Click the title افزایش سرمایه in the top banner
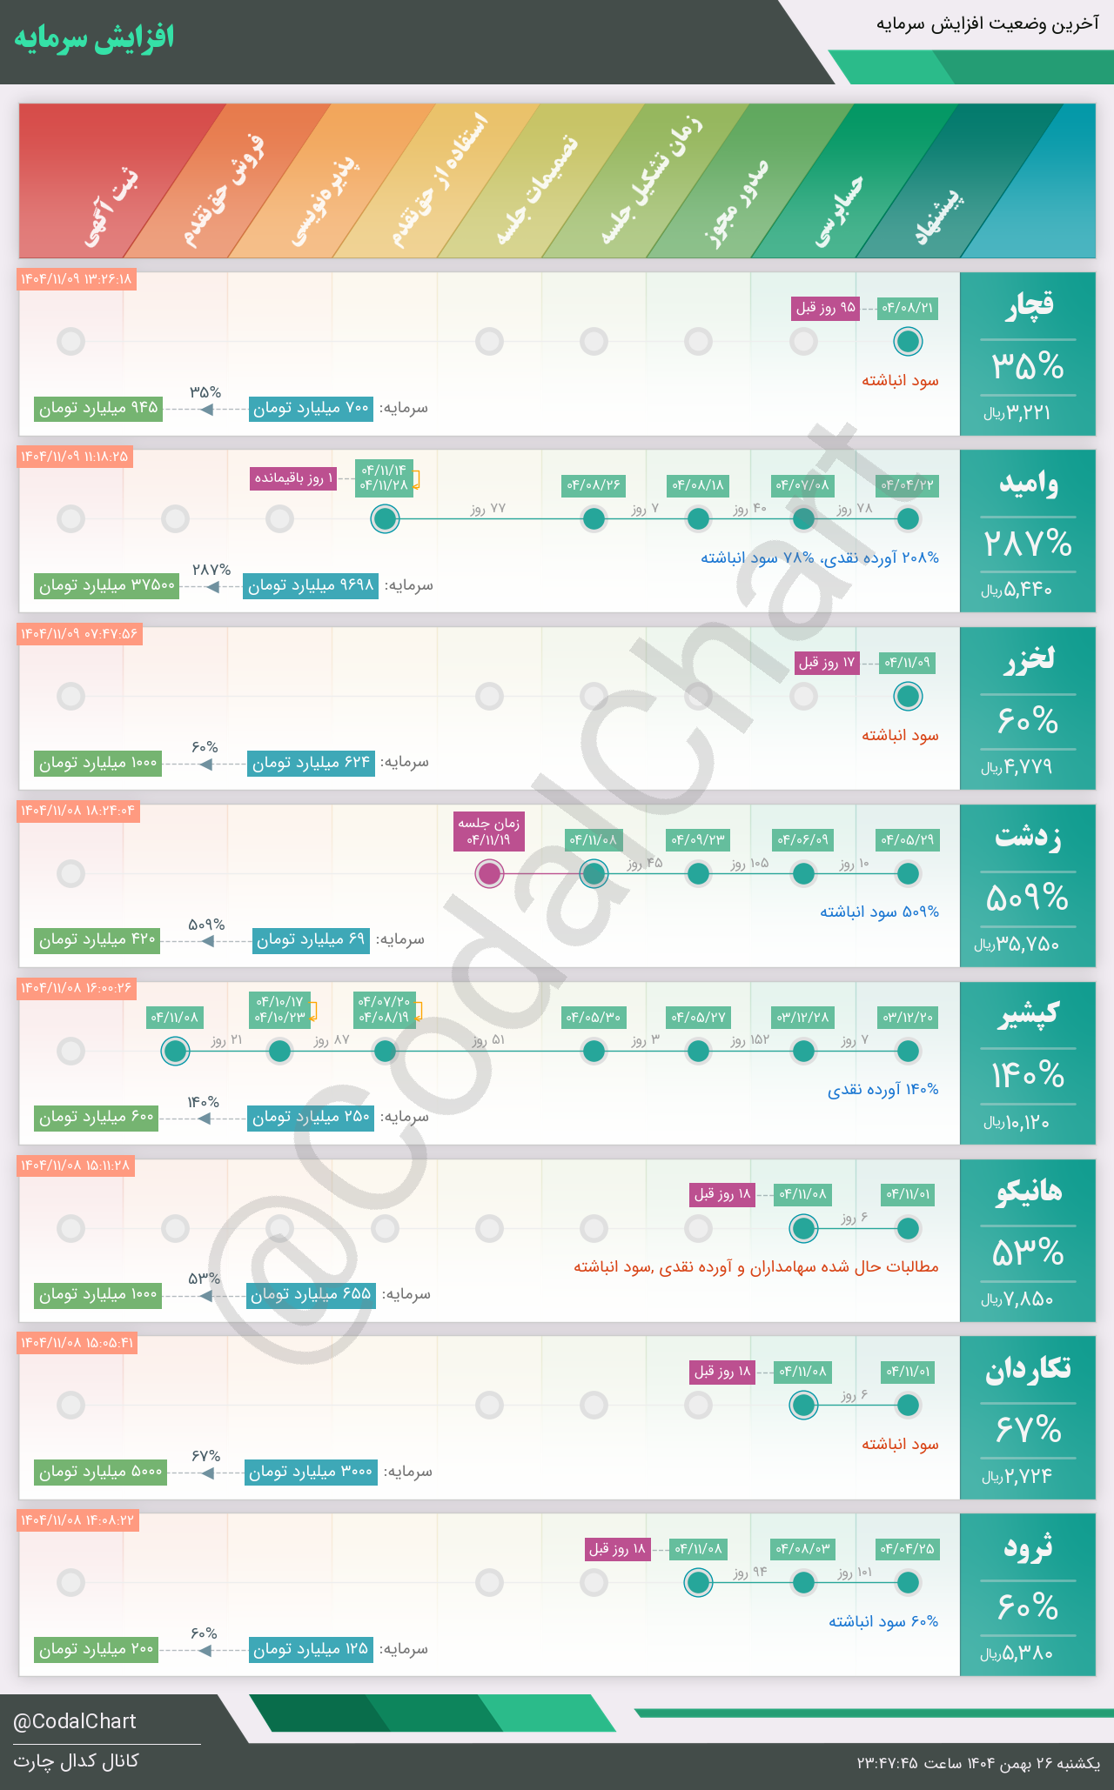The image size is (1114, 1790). tap(94, 38)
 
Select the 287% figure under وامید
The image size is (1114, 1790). tap(1028, 544)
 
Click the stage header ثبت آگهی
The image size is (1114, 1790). tap(111, 209)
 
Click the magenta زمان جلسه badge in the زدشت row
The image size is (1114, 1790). tap(489, 832)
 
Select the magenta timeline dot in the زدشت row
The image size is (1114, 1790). tap(489, 873)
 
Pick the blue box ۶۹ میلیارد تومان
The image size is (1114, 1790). tap(311, 940)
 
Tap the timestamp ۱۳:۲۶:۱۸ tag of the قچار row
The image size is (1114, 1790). tap(77, 279)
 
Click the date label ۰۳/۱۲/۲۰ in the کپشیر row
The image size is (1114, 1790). tap(908, 1017)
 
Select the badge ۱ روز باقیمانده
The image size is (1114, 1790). tap(294, 478)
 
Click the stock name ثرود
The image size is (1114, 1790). tap(1028, 1547)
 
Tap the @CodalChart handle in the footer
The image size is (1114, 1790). tap(75, 1721)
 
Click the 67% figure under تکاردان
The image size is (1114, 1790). tap(1028, 1430)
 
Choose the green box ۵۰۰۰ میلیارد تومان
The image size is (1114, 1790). tap(101, 1472)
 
